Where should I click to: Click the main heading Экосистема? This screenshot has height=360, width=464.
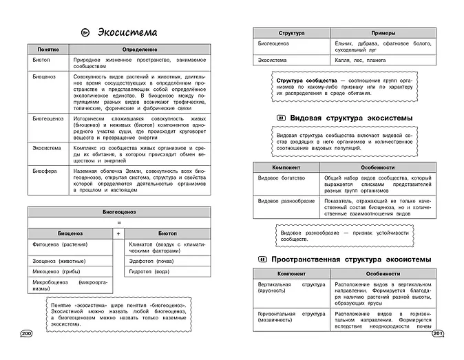[x=127, y=32]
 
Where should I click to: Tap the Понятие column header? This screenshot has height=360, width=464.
[x=50, y=50]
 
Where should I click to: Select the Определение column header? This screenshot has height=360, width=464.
[x=140, y=50]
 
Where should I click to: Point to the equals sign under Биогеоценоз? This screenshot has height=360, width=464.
[x=118, y=223]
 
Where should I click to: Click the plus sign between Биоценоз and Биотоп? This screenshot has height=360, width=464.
[x=118, y=233]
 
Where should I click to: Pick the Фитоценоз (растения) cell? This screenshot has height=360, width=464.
[x=58, y=244]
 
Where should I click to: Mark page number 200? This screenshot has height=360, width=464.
[x=27, y=334]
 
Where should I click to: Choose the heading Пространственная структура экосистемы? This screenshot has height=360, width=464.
[x=351, y=259]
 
